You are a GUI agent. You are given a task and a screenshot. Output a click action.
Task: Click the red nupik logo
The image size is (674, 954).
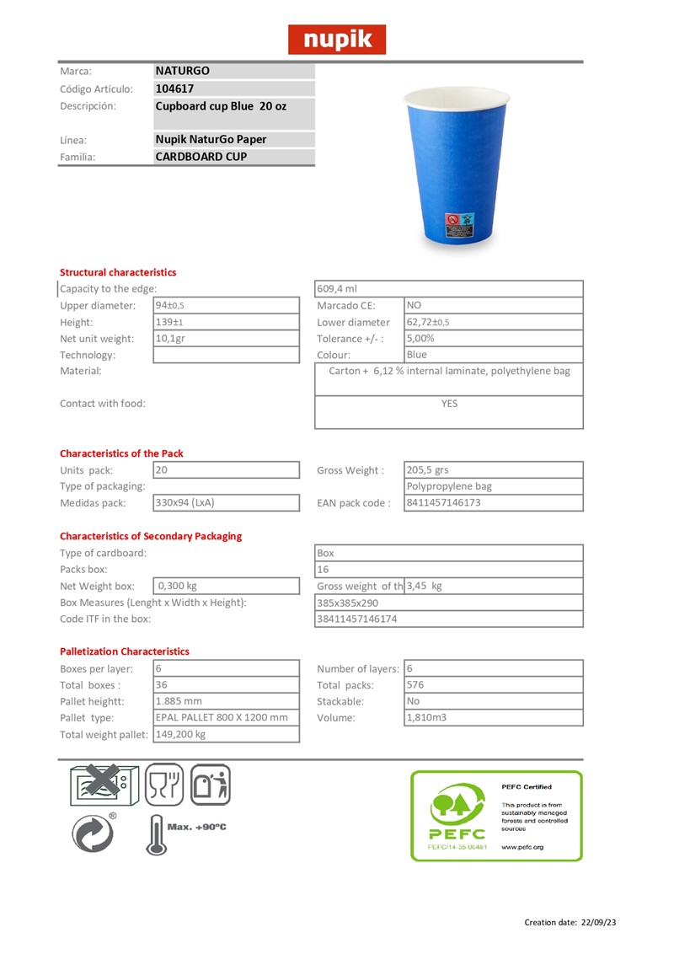337,40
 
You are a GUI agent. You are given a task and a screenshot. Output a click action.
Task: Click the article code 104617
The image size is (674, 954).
174,88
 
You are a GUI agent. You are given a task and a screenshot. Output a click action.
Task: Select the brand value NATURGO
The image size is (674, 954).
182,72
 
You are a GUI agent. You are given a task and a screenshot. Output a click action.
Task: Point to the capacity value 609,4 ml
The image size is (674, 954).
338,289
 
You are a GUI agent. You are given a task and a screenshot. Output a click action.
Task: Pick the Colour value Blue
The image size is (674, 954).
417,355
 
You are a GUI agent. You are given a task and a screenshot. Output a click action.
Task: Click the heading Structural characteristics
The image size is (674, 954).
118,272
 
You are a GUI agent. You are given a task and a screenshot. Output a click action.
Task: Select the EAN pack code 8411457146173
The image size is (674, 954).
444,503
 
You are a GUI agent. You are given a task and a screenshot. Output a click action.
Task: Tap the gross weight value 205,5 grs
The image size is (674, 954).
428,470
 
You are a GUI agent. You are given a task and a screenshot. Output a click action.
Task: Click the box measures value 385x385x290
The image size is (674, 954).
347,603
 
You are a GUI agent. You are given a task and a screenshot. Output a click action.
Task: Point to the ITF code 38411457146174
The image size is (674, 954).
357,619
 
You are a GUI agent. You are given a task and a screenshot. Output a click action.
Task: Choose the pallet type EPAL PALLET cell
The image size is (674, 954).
222,717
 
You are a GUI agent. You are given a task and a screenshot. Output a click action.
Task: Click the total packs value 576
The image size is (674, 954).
416,685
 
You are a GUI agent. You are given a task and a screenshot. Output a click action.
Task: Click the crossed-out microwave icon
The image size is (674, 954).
99,784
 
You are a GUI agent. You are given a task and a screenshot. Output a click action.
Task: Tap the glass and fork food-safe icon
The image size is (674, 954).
164,785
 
